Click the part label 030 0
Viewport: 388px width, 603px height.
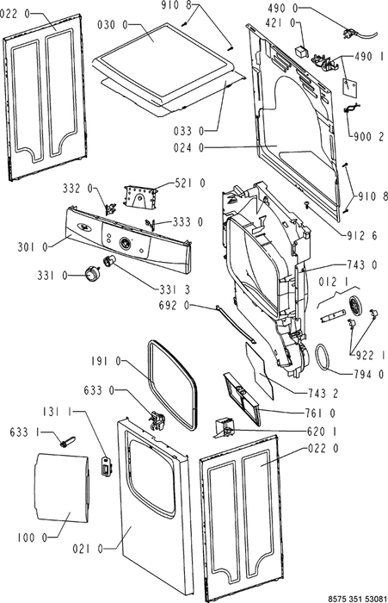point(112,25)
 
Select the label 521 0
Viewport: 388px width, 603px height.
point(190,183)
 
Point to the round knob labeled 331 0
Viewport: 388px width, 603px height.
point(91,274)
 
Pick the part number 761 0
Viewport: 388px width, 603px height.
point(321,413)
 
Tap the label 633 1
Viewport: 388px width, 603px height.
point(25,432)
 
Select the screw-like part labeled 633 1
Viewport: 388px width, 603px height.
point(67,441)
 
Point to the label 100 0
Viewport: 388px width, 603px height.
point(33,538)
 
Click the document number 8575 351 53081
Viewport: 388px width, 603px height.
point(357,599)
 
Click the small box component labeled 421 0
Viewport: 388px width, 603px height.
point(301,51)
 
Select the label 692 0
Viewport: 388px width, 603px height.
point(174,306)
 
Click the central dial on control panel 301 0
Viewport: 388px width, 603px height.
point(126,243)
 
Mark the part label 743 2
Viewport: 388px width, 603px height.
point(323,393)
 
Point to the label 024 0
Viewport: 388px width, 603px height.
point(189,147)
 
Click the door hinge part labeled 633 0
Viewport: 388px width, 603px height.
point(157,419)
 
